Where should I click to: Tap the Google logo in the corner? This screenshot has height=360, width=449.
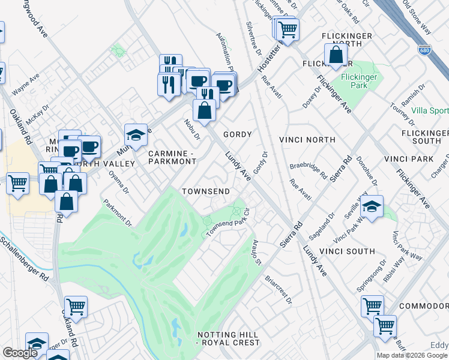click(20, 353)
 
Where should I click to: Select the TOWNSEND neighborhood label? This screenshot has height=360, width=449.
click(206, 191)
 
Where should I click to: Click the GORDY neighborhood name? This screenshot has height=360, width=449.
click(237, 134)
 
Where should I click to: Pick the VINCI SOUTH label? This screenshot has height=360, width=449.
click(347, 251)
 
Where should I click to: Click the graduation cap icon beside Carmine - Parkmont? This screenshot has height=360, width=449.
click(136, 136)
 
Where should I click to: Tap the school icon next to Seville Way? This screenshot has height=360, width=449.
click(372, 208)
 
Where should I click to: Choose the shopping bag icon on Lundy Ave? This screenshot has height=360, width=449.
click(205, 112)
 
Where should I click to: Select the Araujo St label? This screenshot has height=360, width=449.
click(255, 251)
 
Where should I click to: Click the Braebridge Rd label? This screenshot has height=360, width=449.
click(309, 170)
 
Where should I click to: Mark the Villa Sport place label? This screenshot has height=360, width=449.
click(430, 111)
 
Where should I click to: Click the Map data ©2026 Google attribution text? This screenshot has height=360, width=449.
click(412, 355)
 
